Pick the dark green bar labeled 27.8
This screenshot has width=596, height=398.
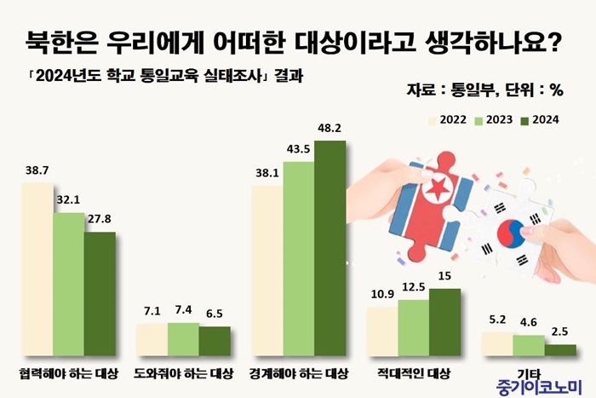[99, 293]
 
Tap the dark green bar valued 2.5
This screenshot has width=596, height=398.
[560, 349]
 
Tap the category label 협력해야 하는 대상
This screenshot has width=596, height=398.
[69, 373]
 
